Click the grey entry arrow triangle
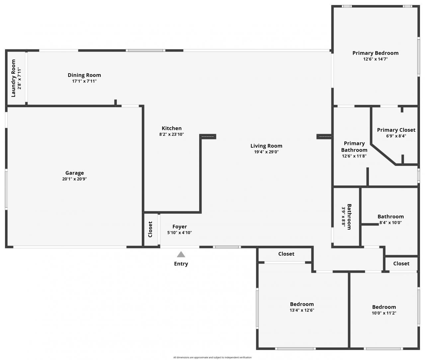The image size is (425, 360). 181,254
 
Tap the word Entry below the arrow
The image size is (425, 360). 181,264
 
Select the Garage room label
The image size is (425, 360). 74,173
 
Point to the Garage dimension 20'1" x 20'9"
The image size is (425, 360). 74,179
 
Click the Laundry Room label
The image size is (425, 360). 14,78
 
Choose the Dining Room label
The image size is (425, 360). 84,75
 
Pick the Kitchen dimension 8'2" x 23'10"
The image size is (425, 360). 172,134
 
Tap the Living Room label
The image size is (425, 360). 266,146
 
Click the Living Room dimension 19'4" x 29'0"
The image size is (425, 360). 266,152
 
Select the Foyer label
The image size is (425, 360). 180,227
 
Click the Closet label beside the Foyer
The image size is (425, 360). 150,229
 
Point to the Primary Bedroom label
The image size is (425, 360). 376,53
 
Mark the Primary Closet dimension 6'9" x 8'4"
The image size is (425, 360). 396,136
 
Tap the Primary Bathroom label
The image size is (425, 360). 354,147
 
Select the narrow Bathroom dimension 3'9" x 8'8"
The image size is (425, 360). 344,217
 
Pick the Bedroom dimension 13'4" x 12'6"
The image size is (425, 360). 302,311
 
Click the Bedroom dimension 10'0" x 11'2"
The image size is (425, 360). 384,313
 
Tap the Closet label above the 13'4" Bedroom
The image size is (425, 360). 286,254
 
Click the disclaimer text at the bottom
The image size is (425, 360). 212,357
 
